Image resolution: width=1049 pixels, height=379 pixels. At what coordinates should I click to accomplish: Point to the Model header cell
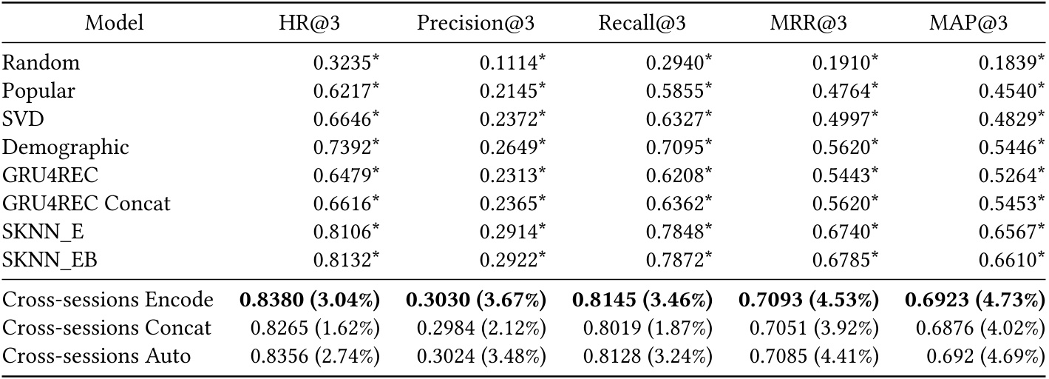tap(115, 24)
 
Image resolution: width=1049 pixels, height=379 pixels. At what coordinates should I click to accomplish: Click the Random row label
tap(41, 63)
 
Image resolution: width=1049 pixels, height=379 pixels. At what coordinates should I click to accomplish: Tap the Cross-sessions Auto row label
tap(97, 356)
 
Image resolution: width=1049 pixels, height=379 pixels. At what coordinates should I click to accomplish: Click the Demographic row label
tap(66, 147)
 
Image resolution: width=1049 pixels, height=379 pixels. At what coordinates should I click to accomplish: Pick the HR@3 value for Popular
tap(346, 91)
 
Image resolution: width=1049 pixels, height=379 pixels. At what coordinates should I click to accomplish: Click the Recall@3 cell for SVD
tap(678, 119)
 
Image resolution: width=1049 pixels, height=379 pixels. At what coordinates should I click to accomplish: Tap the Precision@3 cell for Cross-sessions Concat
tap(481, 328)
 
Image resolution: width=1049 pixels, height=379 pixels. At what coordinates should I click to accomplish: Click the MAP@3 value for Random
tap(1011, 63)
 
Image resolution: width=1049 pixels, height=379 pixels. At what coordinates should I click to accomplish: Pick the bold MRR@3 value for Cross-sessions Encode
tap(809, 301)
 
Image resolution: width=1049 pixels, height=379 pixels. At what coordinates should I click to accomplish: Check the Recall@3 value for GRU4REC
tap(678, 175)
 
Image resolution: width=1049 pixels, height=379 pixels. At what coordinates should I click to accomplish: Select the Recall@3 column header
tap(642, 24)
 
